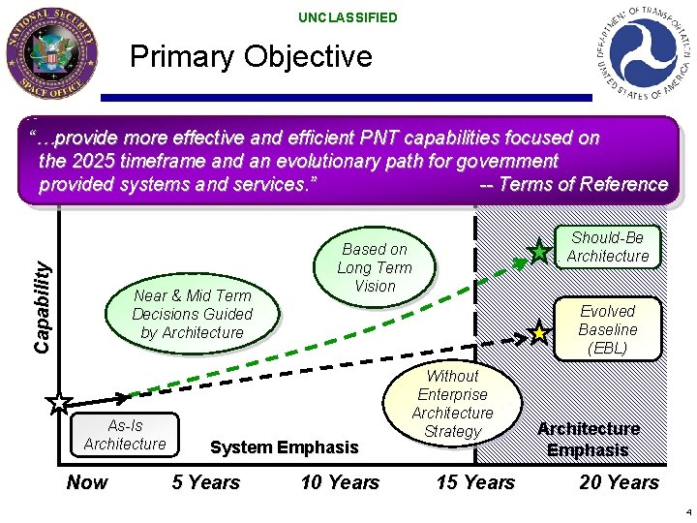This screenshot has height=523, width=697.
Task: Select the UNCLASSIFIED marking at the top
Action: (348, 17)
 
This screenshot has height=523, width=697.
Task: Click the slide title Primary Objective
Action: (251, 56)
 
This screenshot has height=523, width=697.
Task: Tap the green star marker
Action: (540, 253)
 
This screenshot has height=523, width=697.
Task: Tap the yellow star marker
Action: (540, 333)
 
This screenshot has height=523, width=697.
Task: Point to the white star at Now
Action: (59, 401)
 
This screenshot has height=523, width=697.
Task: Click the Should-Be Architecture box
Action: (608, 247)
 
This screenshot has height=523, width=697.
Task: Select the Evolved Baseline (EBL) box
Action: (608, 329)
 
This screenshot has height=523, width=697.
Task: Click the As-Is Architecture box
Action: (125, 435)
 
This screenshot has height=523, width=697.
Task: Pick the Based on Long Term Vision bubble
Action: (375, 267)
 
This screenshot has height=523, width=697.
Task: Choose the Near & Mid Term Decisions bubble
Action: (192, 314)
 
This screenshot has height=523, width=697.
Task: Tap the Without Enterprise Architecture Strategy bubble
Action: (452, 403)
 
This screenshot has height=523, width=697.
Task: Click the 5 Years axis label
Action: (205, 482)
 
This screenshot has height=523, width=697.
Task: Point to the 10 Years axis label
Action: (340, 482)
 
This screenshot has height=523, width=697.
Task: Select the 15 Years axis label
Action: (475, 482)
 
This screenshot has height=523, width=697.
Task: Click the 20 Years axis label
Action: (619, 482)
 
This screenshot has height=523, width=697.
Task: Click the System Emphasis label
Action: (284, 447)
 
